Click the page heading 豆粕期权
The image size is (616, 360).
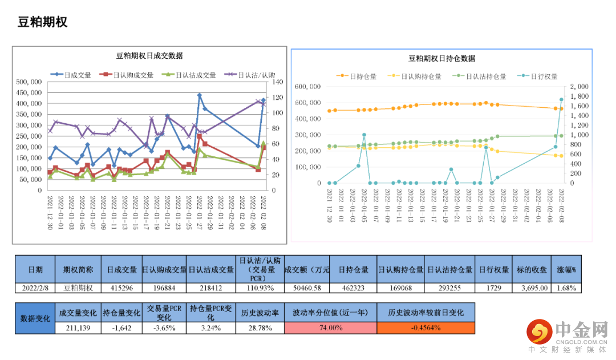tap(43, 22)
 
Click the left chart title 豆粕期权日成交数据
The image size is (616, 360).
tap(149, 56)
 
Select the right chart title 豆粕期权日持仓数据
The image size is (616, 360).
tap(441, 58)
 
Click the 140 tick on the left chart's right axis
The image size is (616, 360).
tap(278, 82)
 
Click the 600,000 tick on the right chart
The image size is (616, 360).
tap(307, 86)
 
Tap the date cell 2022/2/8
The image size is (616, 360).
tap(35, 288)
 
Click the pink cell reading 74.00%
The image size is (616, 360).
tap(330, 328)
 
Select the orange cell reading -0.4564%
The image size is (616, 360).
tap(425, 328)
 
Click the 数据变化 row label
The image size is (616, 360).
tap(35, 318)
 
